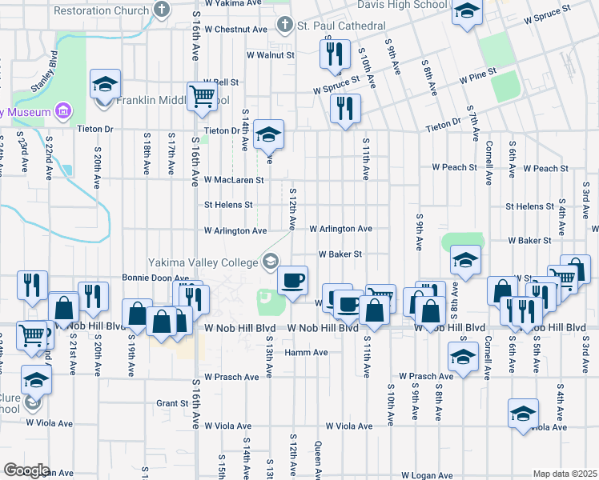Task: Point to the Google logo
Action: pyautogui.click(x=26, y=470)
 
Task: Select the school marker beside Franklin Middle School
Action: pyautogui.click(x=105, y=84)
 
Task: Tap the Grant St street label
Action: pyautogui.click(x=171, y=403)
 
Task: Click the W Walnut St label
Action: pyautogui.click(x=271, y=56)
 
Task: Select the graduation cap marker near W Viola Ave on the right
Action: pyautogui.click(x=522, y=414)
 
